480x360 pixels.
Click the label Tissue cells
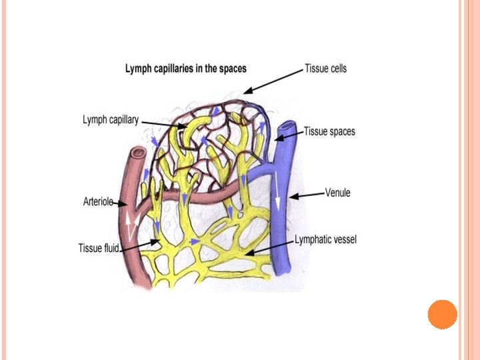(325, 68)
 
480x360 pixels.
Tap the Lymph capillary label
(111, 120)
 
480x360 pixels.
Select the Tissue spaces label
(329, 131)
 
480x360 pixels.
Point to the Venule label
(337, 193)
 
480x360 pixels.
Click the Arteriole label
(99, 201)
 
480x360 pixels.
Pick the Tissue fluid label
(99, 249)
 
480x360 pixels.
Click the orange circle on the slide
(442, 314)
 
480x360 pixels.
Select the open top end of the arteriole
(137, 155)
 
